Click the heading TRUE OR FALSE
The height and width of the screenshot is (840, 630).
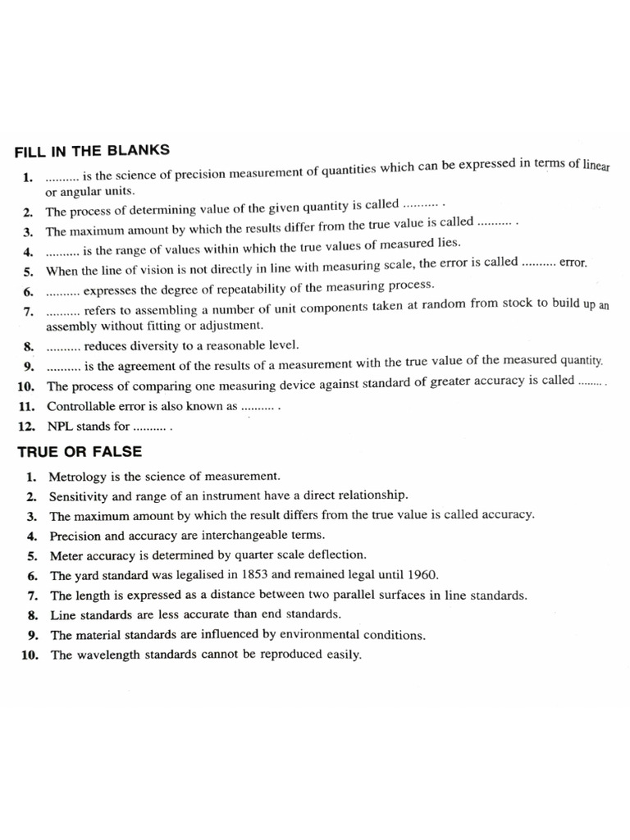pos(80,451)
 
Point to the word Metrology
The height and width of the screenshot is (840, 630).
pos(78,476)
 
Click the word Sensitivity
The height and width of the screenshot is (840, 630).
pos(78,495)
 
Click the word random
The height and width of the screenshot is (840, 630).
pos(464,305)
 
